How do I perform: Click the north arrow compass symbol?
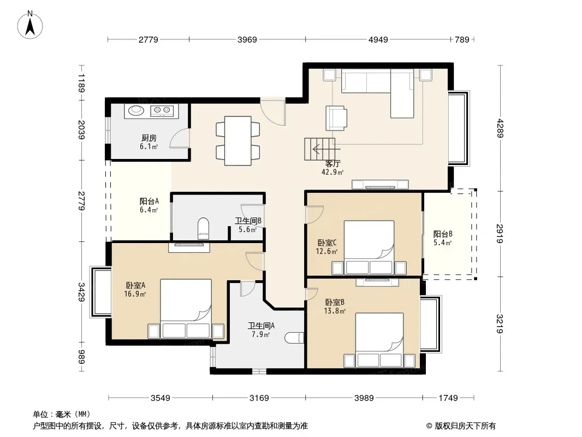[x=30, y=25]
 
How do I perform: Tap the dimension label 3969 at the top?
[x=247, y=40]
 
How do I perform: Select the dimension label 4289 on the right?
[x=500, y=128]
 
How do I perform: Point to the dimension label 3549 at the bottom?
[x=161, y=398]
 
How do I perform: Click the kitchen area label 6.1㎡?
[x=149, y=146]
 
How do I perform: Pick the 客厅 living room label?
[x=332, y=163]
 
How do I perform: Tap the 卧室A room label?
[x=135, y=285]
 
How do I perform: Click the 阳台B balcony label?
[x=443, y=234]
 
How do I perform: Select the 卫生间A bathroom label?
[x=262, y=326]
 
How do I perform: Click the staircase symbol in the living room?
[x=320, y=149]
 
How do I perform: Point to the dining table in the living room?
[x=238, y=141]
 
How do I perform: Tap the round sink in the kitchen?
[x=136, y=110]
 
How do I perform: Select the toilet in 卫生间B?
[x=204, y=228]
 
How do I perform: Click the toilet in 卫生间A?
[x=294, y=338]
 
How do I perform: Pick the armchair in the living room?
[x=336, y=118]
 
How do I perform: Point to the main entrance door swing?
[x=273, y=111]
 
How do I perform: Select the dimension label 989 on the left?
[x=81, y=357]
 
